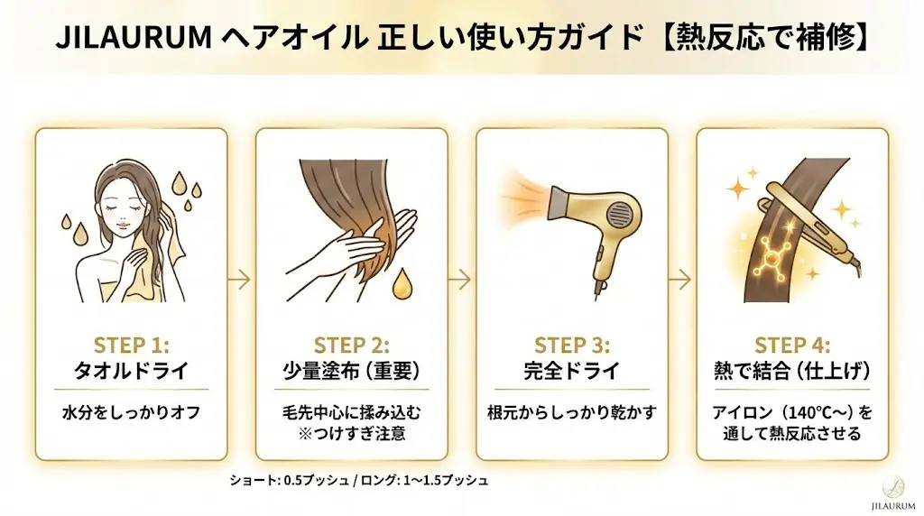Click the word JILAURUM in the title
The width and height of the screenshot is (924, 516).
(x=134, y=38)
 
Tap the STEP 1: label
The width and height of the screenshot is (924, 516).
(x=131, y=345)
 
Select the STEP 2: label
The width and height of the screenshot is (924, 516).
(x=351, y=345)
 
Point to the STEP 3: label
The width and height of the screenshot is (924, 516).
(x=571, y=345)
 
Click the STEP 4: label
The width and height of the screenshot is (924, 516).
(x=792, y=345)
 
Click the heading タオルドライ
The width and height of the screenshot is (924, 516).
(x=131, y=371)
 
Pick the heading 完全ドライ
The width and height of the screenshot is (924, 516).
(x=571, y=371)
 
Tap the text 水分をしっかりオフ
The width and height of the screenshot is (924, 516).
(x=131, y=412)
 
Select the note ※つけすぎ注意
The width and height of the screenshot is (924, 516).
(x=352, y=434)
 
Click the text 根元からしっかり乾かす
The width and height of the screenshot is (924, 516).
(x=571, y=412)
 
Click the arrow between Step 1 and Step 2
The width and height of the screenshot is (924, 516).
(x=239, y=280)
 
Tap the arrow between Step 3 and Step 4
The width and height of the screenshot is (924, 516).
(x=680, y=280)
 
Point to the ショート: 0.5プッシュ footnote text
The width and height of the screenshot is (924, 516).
(x=289, y=481)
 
